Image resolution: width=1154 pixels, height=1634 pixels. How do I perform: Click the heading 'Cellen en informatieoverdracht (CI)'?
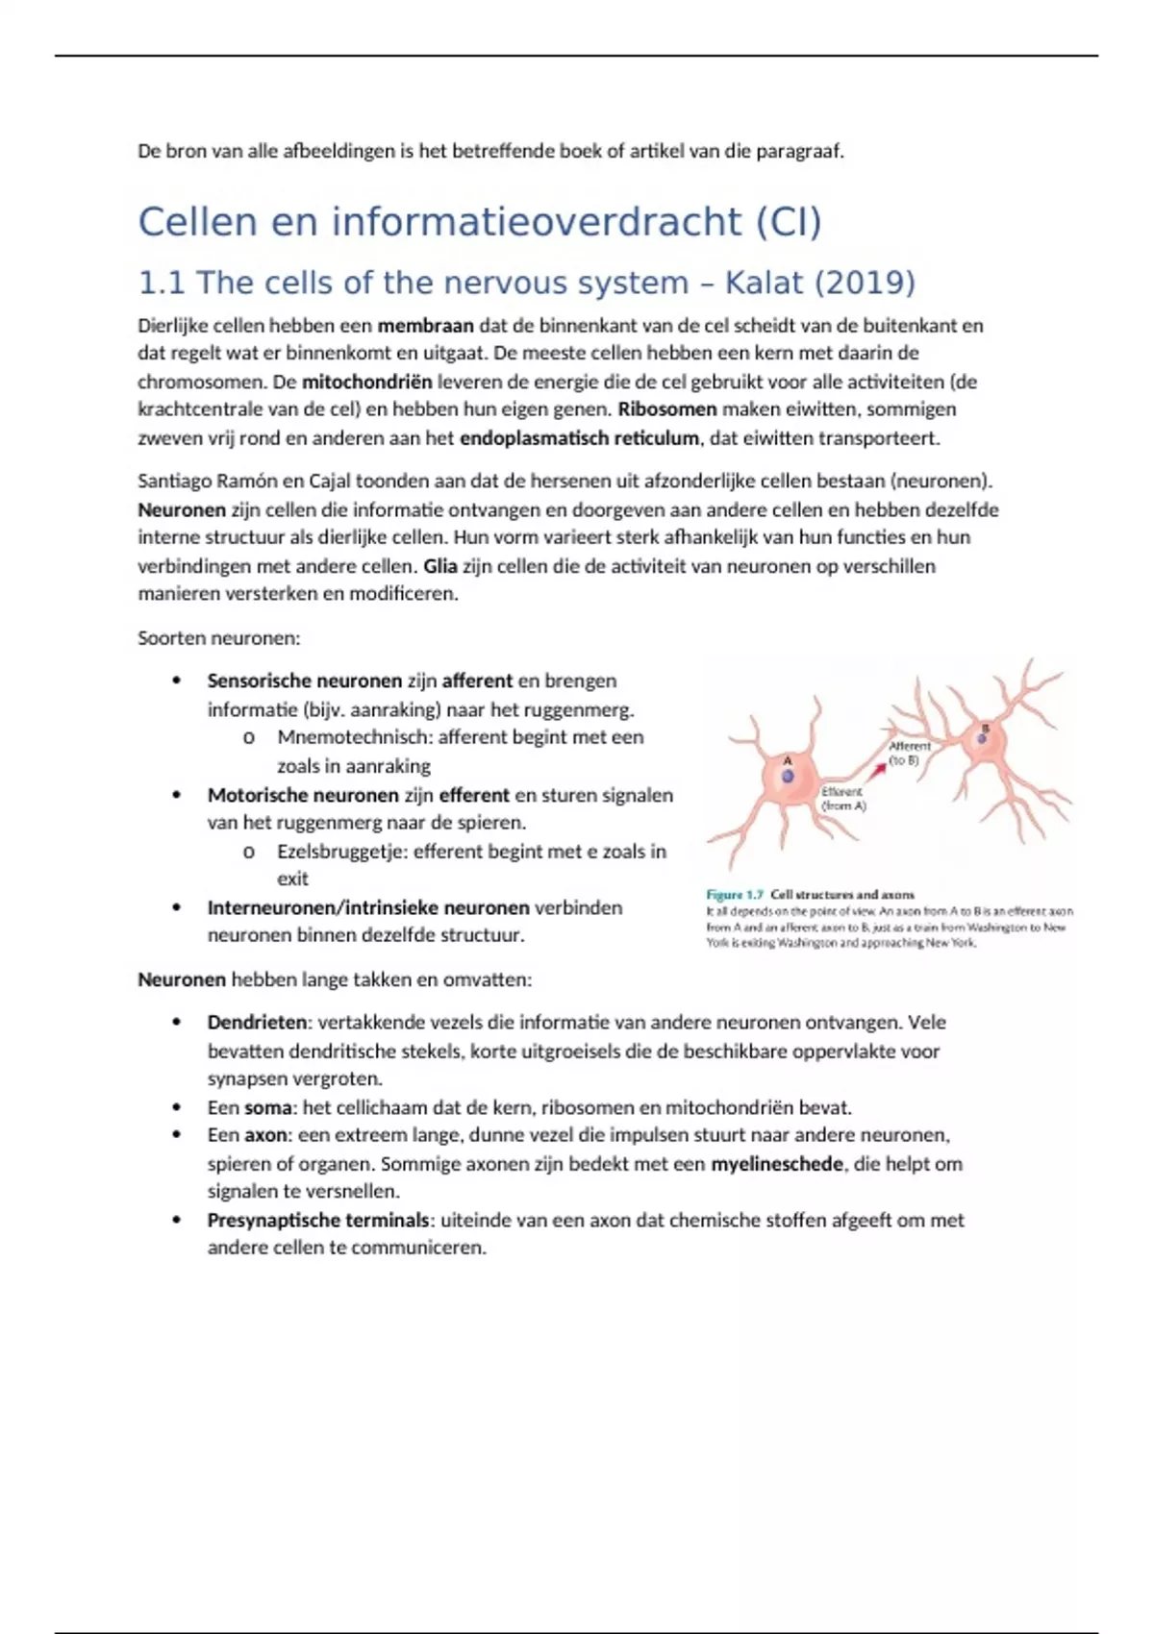coord(480,222)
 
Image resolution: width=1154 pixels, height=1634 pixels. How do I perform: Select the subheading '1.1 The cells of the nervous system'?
coord(414,283)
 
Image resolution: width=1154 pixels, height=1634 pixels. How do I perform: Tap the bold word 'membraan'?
coord(425,325)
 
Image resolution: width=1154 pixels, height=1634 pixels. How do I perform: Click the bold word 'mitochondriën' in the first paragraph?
coord(366,382)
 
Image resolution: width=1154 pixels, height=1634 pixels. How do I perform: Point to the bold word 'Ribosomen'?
coord(666,409)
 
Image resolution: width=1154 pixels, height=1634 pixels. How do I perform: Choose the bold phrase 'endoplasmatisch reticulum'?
coord(579,438)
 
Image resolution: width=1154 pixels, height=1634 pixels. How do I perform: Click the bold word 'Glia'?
coord(439,566)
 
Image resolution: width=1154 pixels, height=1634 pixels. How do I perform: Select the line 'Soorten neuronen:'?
coord(219,638)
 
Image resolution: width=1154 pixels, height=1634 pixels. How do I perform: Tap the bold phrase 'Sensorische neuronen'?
coord(304,681)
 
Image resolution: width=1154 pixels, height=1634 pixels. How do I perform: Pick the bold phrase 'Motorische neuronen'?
coord(302,795)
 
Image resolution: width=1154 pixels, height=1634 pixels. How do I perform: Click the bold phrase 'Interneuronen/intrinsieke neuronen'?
coord(368,907)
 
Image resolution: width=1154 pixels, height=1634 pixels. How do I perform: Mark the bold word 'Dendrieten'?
coord(257,1023)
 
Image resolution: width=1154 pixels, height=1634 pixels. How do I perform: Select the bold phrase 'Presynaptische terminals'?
coord(317,1221)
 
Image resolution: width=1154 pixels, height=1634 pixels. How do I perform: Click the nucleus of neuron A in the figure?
coord(788,777)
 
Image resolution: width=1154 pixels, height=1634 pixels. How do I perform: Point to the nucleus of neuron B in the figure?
coord(984,738)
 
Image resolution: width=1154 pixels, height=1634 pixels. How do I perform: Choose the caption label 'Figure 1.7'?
coord(734,894)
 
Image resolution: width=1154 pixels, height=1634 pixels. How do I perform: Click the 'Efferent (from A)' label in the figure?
coord(843,799)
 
